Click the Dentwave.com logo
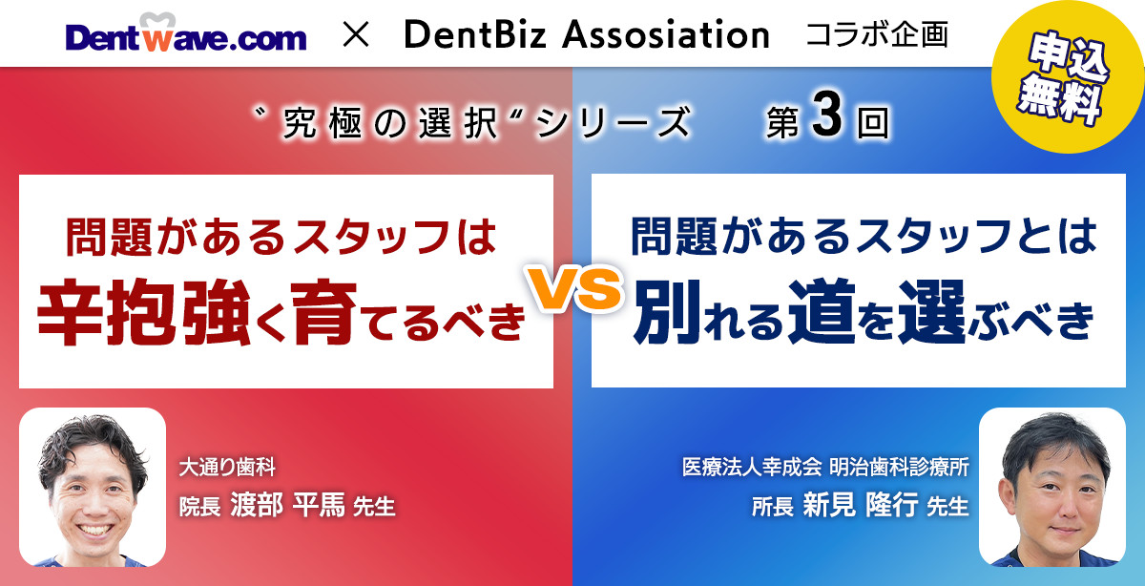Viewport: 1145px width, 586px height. point(186,33)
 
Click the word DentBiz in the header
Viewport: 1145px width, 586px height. point(475,34)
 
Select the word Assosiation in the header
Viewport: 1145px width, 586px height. point(666,34)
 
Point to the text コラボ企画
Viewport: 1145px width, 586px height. point(877,34)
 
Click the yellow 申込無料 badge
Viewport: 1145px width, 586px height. point(1069,76)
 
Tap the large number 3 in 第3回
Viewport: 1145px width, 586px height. point(826,115)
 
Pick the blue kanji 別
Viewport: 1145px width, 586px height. point(668,312)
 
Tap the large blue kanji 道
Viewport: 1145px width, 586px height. point(822,312)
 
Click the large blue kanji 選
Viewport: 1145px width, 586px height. point(932,312)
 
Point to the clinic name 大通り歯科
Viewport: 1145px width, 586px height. point(227,468)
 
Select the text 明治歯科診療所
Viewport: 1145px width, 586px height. point(899,468)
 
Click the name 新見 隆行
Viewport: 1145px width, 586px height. point(861,505)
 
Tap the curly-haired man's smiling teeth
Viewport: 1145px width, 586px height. point(94,530)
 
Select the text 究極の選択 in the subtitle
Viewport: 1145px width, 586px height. point(389,124)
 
